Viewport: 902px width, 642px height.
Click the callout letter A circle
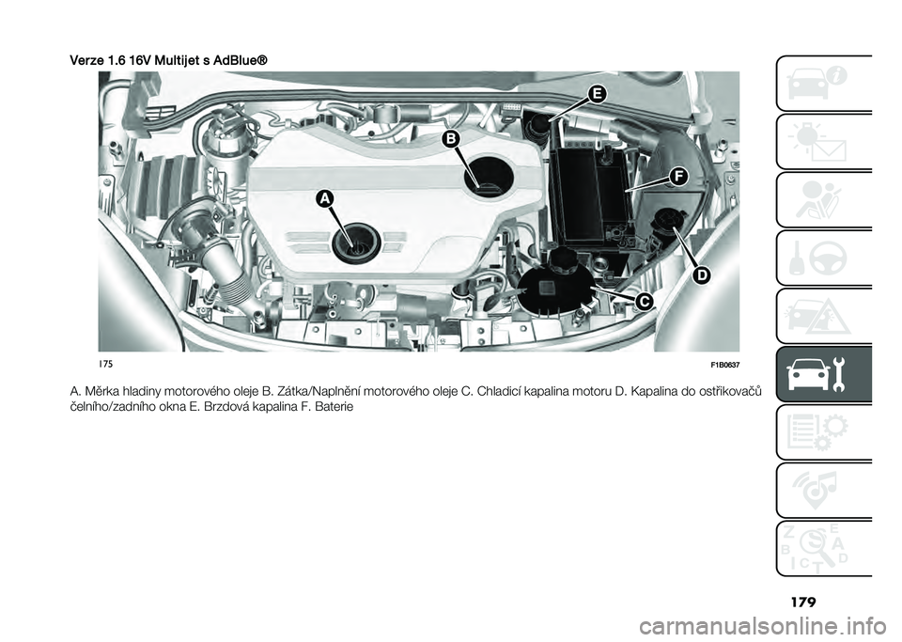pos(325,198)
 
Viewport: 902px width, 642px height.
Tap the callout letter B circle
pos(452,139)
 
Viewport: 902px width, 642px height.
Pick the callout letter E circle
pos(596,92)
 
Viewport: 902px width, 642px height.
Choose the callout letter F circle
pos(676,177)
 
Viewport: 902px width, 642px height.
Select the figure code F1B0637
pos(723,364)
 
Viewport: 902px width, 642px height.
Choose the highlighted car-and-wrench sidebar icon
pos(825,374)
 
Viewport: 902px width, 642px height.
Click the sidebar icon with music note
pos(825,489)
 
